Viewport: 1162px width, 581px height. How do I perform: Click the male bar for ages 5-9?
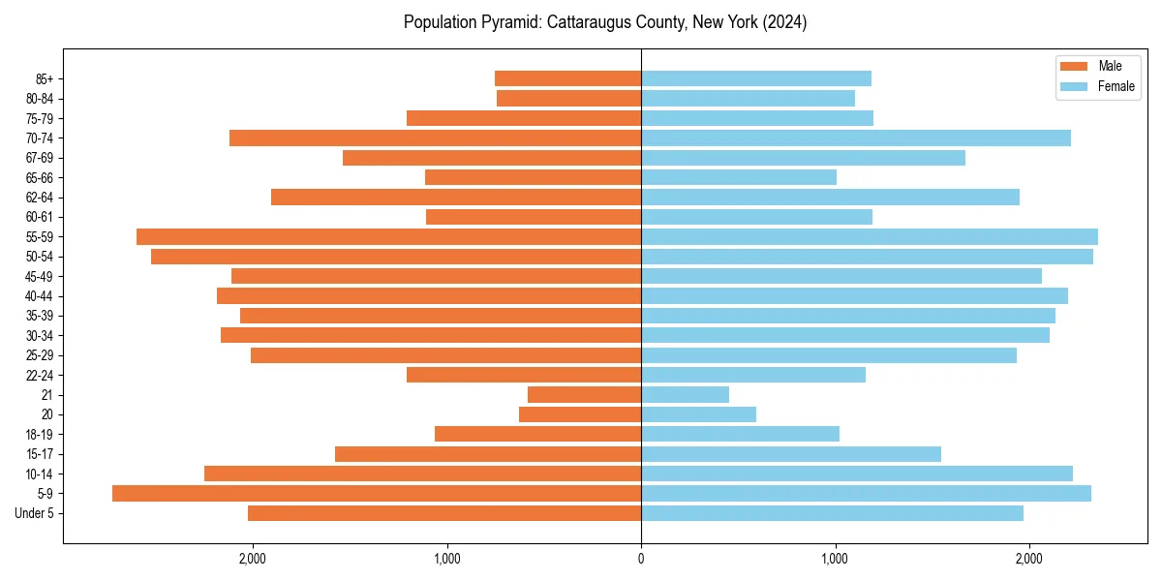[x=377, y=494]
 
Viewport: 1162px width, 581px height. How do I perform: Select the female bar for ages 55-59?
[x=870, y=237]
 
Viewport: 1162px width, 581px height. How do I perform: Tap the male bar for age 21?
[x=584, y=395]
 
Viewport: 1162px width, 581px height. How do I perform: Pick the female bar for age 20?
[x=698, y=414]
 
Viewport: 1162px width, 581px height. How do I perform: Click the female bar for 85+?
[x=756, y=78]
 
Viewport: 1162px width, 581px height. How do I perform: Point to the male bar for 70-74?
[x=435, y=138]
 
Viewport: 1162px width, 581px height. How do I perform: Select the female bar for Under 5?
[x=832, y=513]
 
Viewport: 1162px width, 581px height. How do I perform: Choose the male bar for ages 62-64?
[x=456, y=198]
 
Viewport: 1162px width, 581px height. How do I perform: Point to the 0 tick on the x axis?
[x=641, y=559]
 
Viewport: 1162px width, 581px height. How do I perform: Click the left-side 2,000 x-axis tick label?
[x=253, y=559]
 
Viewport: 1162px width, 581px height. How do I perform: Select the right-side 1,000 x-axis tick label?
[x=836, y=559]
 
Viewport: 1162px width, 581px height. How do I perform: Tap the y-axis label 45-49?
[x=39, y=277]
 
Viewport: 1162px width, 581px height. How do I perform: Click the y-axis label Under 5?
[x=35, y=513]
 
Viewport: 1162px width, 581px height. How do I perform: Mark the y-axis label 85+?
[x=44, y=78]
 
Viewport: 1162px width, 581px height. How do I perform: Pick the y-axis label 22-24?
[x=39, y=376]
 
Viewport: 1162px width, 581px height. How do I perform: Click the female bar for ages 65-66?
[x=739, y=177]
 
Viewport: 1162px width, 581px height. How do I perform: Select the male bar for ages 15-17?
[x=488, y=454]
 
